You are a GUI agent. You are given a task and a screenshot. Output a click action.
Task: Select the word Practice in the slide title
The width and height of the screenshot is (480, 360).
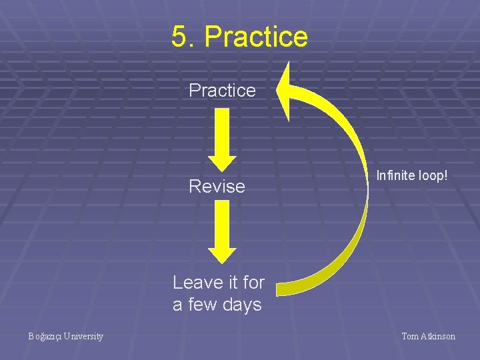click(256, 37)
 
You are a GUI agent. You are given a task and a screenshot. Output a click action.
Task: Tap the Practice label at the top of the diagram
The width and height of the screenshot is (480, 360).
click(222, 90)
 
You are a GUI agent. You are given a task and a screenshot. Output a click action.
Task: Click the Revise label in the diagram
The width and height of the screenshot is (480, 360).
click(217, 186)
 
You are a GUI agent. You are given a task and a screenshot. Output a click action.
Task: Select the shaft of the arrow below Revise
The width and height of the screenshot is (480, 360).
click(222, 225)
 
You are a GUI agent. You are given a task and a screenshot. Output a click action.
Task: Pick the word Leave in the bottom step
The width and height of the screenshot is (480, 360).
click(197, 283)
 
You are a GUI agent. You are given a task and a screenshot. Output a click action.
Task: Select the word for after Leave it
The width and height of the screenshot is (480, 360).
click(253, 283)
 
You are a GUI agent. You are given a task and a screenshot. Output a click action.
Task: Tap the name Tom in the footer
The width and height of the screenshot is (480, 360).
click(409, 337)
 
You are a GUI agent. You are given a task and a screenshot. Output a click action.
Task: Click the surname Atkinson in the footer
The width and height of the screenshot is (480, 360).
click(438, 337)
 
